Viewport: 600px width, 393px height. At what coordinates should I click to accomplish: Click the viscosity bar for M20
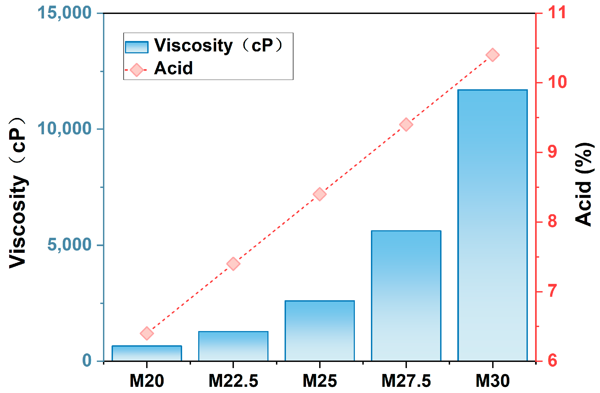[x=147, y=353]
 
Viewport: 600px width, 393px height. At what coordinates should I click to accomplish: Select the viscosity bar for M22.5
[x=233, y=346]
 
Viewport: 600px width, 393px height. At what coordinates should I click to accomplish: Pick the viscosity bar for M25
[x=319, y=331]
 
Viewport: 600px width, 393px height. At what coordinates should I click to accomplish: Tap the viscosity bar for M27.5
[x=406, y=296]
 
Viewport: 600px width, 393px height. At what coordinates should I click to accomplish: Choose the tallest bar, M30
[x=492, y=225]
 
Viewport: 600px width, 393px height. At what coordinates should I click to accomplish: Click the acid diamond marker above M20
[x=147, y=333]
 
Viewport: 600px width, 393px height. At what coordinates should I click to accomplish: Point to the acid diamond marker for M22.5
[x=233, y=264]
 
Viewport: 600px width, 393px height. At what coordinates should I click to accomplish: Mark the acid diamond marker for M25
[x=319, y=194]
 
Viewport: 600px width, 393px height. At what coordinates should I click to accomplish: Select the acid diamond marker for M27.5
[x=406, y=124]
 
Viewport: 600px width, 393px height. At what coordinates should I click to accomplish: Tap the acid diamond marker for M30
[x=492, y=55]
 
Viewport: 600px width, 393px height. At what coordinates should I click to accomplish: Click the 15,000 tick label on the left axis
[x=64, y=13]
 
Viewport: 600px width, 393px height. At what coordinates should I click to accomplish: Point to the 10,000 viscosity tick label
[x=64, y=129]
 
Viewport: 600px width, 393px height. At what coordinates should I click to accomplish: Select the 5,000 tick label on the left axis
[x=69, y=245]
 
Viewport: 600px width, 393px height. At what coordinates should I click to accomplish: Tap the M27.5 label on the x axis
[x=406, y=381]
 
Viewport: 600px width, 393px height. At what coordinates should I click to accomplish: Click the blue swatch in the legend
[x=137, y=47]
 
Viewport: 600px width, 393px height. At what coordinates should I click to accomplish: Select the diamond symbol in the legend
[x=137, y=70]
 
